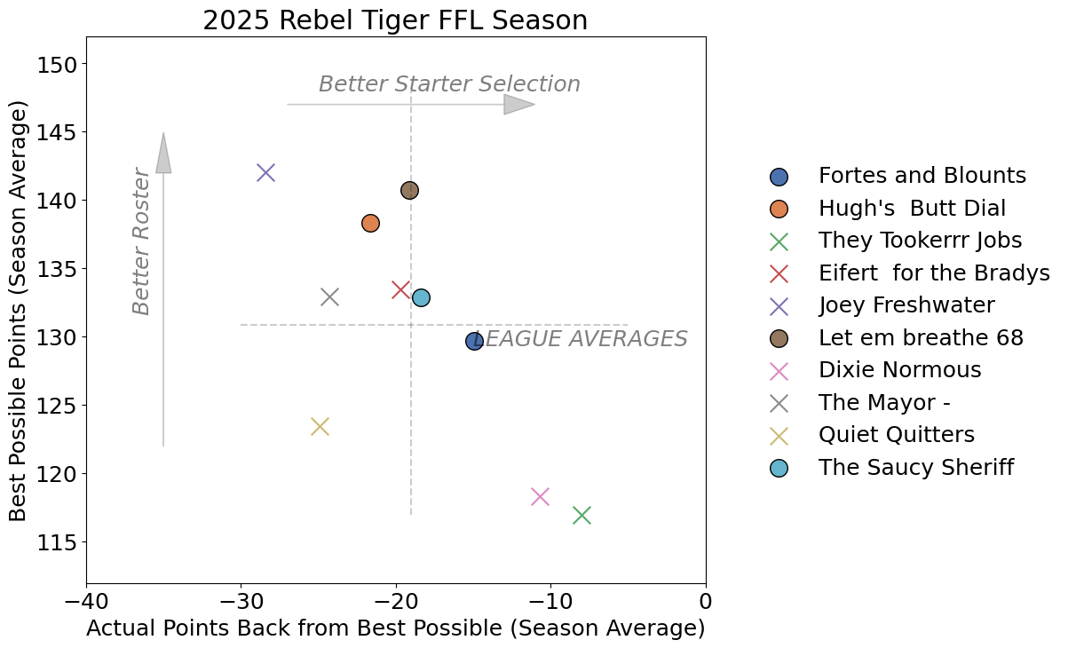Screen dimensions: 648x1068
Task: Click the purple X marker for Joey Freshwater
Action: [x=265, y=172]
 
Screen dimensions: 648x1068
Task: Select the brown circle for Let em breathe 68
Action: [x=409, y=190]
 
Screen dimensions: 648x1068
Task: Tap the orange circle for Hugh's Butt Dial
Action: [x=370, y=223]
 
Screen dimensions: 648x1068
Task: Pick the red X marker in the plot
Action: [x=400, y=289]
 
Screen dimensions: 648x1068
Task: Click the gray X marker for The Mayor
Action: [x=329, y=296]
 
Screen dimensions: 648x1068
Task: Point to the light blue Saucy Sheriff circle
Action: [x=421, y=297]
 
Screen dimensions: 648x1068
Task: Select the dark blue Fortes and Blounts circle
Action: [x=474, y=341]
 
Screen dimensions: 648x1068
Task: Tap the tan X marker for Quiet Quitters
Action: [x=320, y=426]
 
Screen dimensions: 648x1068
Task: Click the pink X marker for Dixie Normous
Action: [x=540, y=496]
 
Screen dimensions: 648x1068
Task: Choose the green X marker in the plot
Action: [x=581, y=515]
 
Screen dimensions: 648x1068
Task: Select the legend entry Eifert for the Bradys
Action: [x=934, y=273]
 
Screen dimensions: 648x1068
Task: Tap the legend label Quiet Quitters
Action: [x=896, y=435]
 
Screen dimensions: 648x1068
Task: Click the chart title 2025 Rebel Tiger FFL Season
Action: [x=395, y=20]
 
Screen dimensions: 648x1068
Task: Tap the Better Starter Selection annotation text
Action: [x=449, y=84]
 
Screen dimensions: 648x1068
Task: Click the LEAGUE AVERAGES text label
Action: [x=581, y=339]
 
